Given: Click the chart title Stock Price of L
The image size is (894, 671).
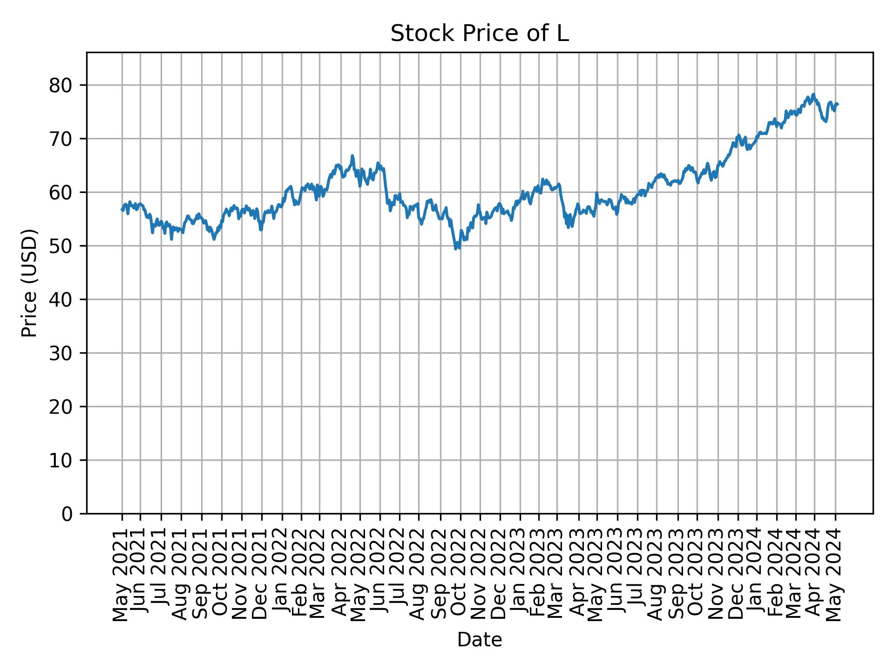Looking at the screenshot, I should click(x=479, y=34).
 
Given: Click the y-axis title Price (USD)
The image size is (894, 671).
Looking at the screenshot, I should click(x=29, y=283).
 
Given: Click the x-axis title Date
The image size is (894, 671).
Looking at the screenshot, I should click(x=479, y=640).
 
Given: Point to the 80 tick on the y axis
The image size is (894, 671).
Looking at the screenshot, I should click(x=60, y=85).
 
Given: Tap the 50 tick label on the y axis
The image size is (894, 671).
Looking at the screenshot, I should click(x=60, y=246).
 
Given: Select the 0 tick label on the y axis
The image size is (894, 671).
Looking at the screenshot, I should click(x=67, y=514).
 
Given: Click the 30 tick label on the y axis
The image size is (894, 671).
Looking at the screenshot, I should click(x=60, y=353).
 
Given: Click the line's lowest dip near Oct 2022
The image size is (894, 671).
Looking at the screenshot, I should click(x=456, y=249).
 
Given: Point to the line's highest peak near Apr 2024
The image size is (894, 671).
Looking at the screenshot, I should click(x=813, y=94).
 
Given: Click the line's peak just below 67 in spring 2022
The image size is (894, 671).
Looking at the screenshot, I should click(x=352, y=156).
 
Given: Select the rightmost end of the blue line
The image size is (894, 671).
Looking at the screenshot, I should click(x=838, y=104).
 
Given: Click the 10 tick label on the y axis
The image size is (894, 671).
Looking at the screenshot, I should click(x=60, y=460).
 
